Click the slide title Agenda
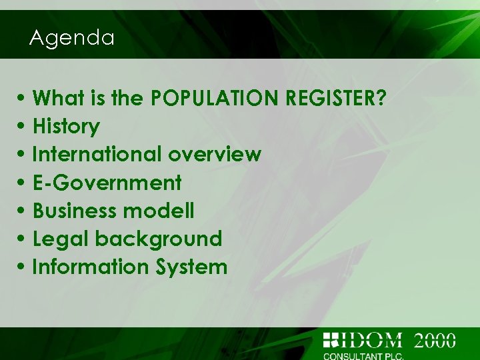coord(72,38)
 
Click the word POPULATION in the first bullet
coord(215,99)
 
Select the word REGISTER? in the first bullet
coord(335,99)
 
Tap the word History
coord(66,127)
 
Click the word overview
coord(215,155)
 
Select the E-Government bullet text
coord(107,183)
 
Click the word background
coord(159,239)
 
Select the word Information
coord(91,267)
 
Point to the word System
coord(192,267)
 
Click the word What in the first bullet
coord(54,99)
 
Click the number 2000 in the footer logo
coord(435,340)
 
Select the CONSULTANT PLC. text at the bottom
coord(363,355)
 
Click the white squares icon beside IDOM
coord(331,339)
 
